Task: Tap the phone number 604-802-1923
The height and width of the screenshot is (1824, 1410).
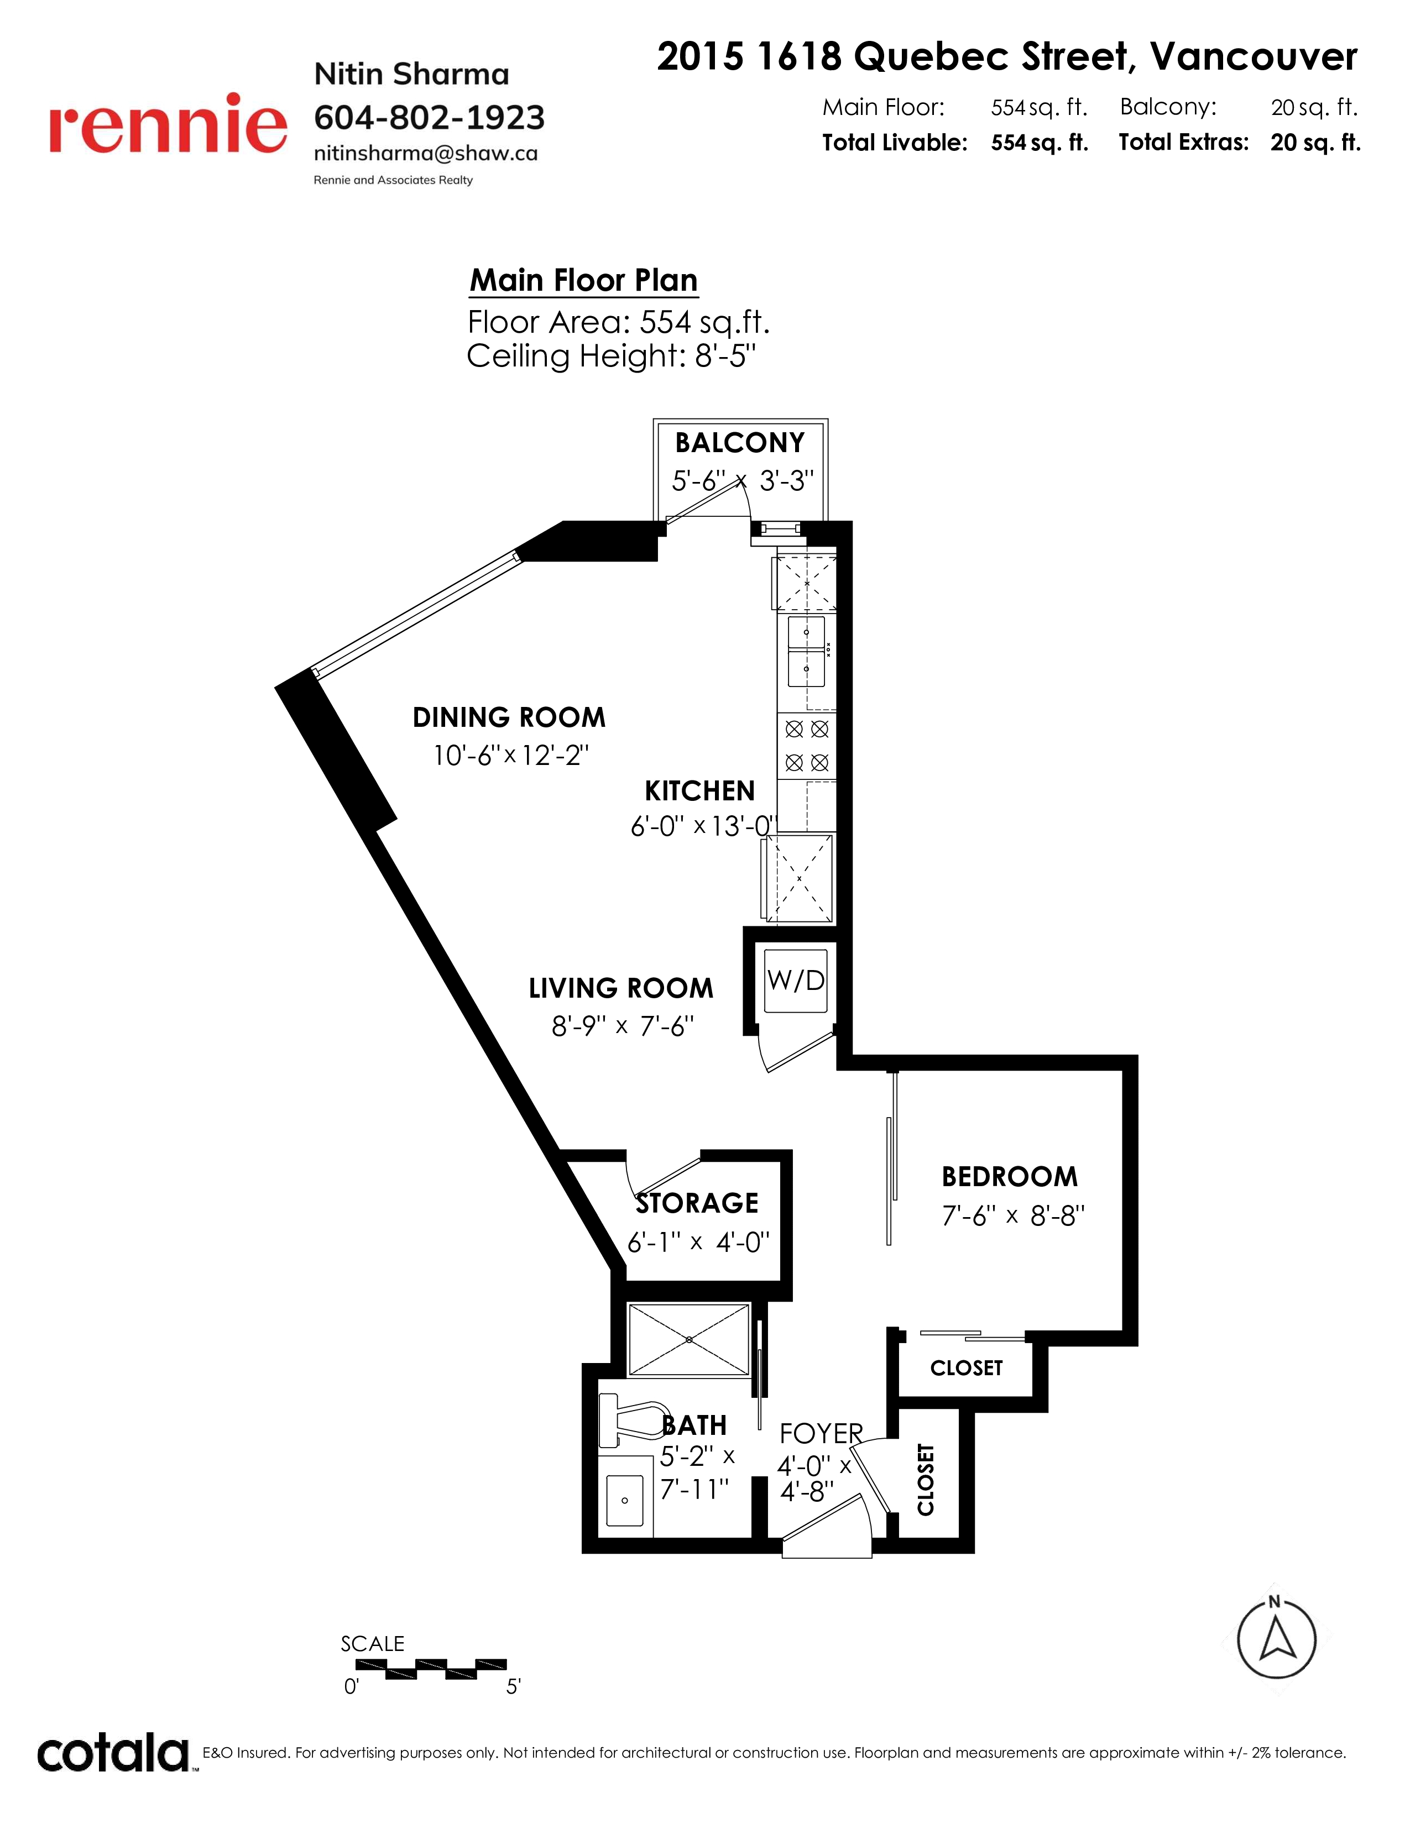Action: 429,118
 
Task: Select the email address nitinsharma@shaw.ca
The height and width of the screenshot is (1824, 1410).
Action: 426,154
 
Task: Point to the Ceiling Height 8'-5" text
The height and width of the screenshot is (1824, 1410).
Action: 612,357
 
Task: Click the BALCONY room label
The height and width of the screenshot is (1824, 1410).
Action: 740,443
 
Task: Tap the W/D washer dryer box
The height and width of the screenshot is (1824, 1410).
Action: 795,981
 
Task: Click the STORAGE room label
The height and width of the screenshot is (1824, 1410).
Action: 697,1203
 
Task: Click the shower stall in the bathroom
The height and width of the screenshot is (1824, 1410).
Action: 689,1339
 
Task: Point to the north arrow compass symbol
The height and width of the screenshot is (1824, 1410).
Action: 1276,1640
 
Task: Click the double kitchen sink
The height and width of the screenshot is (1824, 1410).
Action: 806,652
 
